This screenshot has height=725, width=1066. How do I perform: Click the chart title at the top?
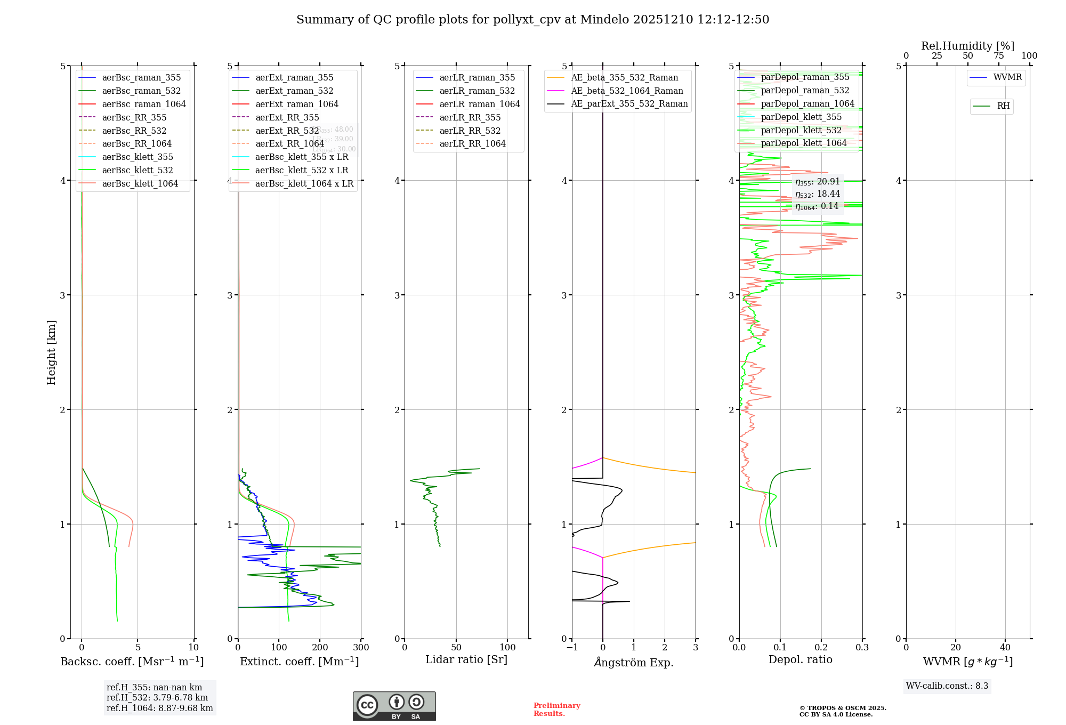click(532, 20)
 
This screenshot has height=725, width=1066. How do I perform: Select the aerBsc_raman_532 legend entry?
click(141, 91)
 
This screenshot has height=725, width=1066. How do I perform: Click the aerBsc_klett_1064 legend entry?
click(140, 184)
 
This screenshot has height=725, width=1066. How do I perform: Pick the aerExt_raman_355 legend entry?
click(294, 78)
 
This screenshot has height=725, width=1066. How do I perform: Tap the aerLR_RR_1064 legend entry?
click(472, 144)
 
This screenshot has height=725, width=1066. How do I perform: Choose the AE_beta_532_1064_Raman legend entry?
click(627, 91)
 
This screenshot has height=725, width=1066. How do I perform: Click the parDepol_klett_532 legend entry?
click(801, 131)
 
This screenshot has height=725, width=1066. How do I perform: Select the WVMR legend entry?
click(1007, 77)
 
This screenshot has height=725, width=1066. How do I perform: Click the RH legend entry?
click(1003, 106)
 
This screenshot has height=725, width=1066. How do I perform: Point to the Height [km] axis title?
click(51, 352)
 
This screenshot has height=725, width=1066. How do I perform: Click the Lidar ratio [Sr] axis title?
click(466, 660)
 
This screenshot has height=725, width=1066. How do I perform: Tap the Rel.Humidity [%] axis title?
click(967, 46)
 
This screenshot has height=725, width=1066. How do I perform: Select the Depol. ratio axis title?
click(800, 660)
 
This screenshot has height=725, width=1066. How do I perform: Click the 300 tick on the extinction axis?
click(361, 648)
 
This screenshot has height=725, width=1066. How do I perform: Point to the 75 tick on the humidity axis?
click(998, 56)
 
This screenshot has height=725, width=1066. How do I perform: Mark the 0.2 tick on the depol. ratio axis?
click(821, 648)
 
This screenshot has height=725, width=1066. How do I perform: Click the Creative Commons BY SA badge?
click(394, 706)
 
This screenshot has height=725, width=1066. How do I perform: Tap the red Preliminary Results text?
click(556, 710)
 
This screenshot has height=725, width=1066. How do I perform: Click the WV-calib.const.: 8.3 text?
click(947, 686)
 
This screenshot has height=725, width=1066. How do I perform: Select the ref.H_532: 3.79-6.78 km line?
click(157, 698)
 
